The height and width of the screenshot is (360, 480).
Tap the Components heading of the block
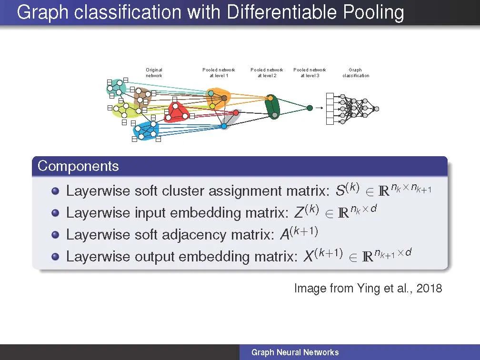78,166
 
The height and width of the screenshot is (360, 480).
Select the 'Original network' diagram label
154,73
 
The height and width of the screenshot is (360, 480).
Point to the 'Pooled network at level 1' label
219,73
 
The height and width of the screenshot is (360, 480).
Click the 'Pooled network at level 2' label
267,73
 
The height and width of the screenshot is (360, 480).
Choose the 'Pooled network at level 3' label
310,73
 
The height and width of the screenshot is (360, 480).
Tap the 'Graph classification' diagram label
356,73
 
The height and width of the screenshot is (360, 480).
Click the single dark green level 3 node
310,108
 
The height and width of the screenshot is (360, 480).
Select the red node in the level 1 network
236,112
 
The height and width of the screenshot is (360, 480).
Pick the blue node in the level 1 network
224,126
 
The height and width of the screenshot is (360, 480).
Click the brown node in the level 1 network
224,98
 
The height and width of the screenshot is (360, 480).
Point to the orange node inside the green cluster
270,98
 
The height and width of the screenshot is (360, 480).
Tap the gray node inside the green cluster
274,115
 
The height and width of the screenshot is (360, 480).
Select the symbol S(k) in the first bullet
347,190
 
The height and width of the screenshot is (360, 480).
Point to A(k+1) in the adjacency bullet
297,233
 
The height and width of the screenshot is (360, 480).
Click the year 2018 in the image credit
429,288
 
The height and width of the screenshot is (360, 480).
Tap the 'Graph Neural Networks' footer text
295,352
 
